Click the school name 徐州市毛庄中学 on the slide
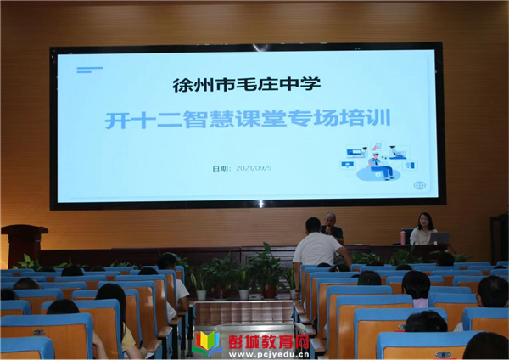[246, 85]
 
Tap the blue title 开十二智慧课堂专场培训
[248, 119]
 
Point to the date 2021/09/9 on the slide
[254, 168]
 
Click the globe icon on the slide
[419, 186]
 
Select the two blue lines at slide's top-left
[90, 70]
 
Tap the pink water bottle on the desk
[403, 237]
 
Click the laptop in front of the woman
[439, 238]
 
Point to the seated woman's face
[423, 222]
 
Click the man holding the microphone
[332, 228]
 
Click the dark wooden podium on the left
[24, 245]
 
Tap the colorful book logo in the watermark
[207, 344]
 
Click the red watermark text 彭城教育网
[268, 341]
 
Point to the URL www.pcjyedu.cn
[269, 354]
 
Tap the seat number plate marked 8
[443, 354]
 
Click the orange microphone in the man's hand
[328, 229]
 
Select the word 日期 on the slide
[220, 169]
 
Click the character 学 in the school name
[311, 84]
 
